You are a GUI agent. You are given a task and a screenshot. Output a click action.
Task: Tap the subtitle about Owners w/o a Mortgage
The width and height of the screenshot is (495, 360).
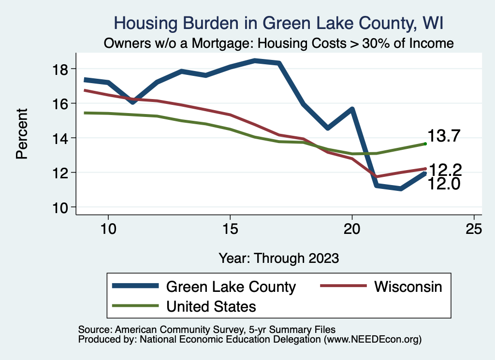[279, 43]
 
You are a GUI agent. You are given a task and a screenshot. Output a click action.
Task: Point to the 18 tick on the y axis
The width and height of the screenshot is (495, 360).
[62, 69]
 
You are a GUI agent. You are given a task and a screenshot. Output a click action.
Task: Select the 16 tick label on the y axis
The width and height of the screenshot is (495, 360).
[62, 103]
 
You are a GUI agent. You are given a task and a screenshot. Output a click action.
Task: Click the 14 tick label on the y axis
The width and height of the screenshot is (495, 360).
[62, 138]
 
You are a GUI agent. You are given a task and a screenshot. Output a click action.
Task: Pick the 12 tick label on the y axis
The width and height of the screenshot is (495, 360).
[62, 173]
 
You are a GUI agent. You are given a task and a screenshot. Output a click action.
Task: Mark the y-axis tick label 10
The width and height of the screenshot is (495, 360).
[62, 208]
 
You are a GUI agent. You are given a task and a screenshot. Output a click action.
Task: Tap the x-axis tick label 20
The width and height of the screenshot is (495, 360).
[352, 229]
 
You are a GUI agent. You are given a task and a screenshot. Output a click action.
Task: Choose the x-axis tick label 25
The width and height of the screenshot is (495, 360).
[474, 229]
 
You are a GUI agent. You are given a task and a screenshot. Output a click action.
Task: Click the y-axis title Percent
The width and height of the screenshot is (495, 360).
[22, 138]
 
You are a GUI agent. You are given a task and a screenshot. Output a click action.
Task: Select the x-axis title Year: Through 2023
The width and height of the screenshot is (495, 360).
[278, 258]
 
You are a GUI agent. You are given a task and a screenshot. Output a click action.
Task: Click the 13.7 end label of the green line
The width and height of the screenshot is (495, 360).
[444, 136]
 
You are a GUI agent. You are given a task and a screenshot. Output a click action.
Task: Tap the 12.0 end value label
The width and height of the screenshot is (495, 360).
[444, 184]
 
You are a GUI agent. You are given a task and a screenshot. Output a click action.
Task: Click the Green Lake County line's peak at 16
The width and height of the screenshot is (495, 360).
[255, 60]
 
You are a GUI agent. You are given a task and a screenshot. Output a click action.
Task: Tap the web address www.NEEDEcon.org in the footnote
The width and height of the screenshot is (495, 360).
[372, 340]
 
